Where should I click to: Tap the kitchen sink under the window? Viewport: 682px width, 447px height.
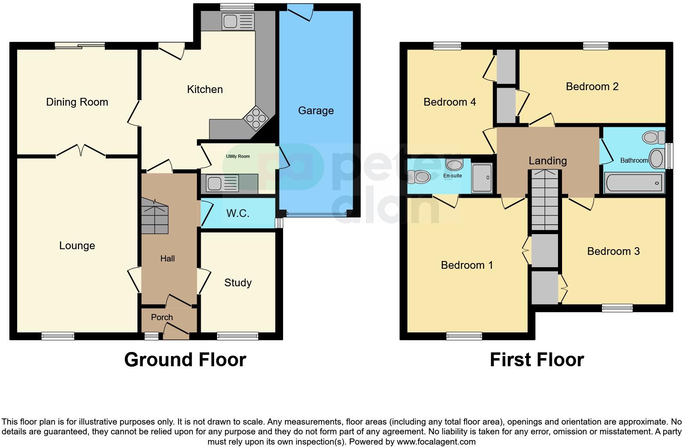click(238, 21)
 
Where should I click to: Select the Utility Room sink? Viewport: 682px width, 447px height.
click(222, 183)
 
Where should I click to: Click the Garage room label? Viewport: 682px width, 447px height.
click(316, 111)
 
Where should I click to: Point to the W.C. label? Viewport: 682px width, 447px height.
click(238, 213)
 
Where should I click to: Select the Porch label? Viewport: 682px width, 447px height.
click(162, 317)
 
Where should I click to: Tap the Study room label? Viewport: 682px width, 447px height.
click(238, 283)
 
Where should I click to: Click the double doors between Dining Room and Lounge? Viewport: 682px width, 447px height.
click(81, 151)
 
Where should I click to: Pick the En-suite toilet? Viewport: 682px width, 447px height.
click(419, 177)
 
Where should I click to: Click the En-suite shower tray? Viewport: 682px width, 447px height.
click(482, 178)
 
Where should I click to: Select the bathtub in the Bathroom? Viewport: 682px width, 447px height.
click(634, 183)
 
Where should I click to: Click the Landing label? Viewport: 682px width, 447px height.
click(547, 161)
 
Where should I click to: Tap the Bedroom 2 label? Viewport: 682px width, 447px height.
click(592, 86)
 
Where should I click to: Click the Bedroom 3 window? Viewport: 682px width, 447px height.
click(617, 308)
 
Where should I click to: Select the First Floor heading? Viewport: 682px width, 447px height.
click(536, 360)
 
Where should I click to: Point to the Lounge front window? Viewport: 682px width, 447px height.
click(58, 336)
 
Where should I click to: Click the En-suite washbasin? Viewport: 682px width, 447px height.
click(454, 165)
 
